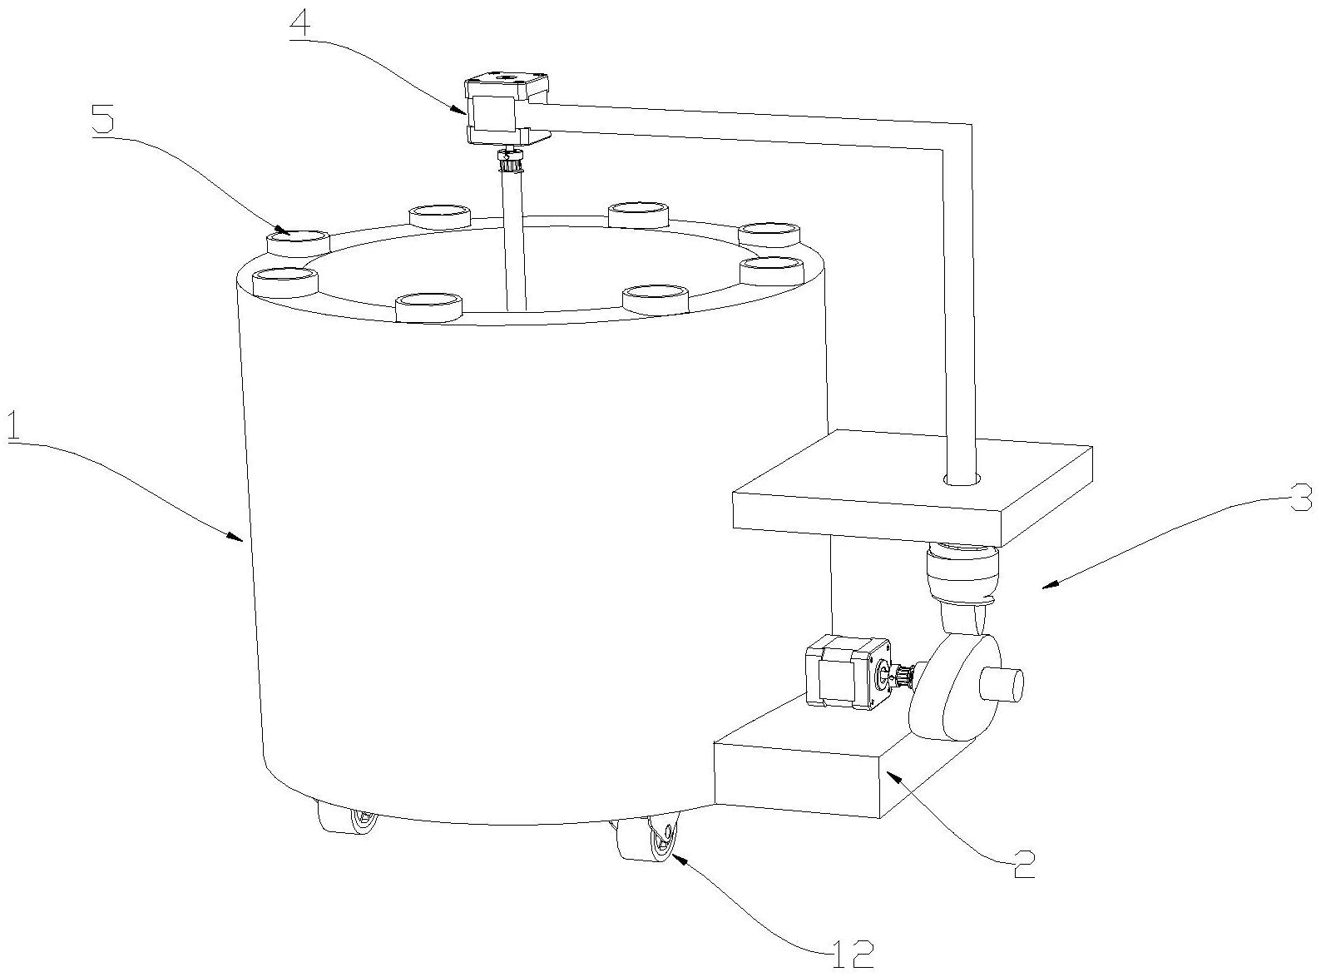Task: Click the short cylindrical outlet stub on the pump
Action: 1002,685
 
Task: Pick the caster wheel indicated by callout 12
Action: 647,839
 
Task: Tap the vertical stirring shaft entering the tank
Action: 513,239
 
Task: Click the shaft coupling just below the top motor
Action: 509,160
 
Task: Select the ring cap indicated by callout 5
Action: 298,243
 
